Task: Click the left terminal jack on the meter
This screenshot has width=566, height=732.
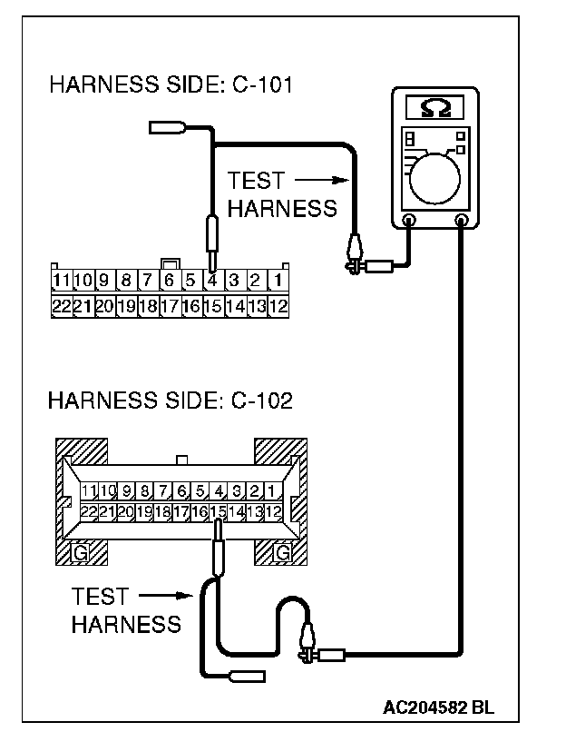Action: (408, 221)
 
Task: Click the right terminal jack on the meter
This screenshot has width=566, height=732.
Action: (463, 221)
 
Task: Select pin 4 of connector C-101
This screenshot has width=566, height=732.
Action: (212, 279)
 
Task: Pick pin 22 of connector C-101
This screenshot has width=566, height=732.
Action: (61, 305)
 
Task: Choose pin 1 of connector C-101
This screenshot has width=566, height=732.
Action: (278, 279)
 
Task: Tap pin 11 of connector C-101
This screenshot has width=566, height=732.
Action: (61, 279)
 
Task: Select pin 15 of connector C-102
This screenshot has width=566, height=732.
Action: (218, 511)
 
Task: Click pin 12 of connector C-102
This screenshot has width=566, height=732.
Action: (276, 511)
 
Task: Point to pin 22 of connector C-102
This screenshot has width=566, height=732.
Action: (88, 511)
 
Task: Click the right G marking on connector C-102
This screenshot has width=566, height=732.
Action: (282, 551)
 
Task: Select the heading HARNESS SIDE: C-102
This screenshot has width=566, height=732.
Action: (171, 401)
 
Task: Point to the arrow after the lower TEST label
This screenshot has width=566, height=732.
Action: (168, 597)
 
